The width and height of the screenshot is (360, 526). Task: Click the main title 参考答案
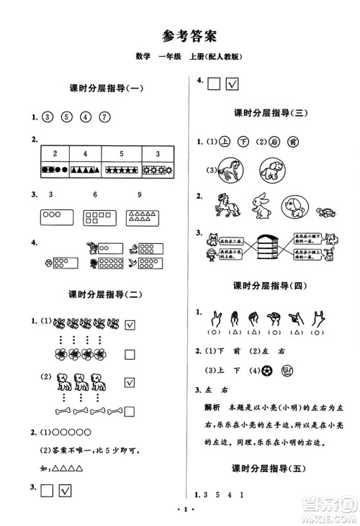(180, 35)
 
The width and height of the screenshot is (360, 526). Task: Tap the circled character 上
(225, 142)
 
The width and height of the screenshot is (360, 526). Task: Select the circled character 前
(292, 142)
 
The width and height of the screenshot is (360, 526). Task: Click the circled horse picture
(230, 171)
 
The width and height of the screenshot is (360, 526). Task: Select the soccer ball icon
(267, 371)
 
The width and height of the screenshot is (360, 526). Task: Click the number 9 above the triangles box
(138, 196)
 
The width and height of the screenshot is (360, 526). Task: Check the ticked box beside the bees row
(130, 325)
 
